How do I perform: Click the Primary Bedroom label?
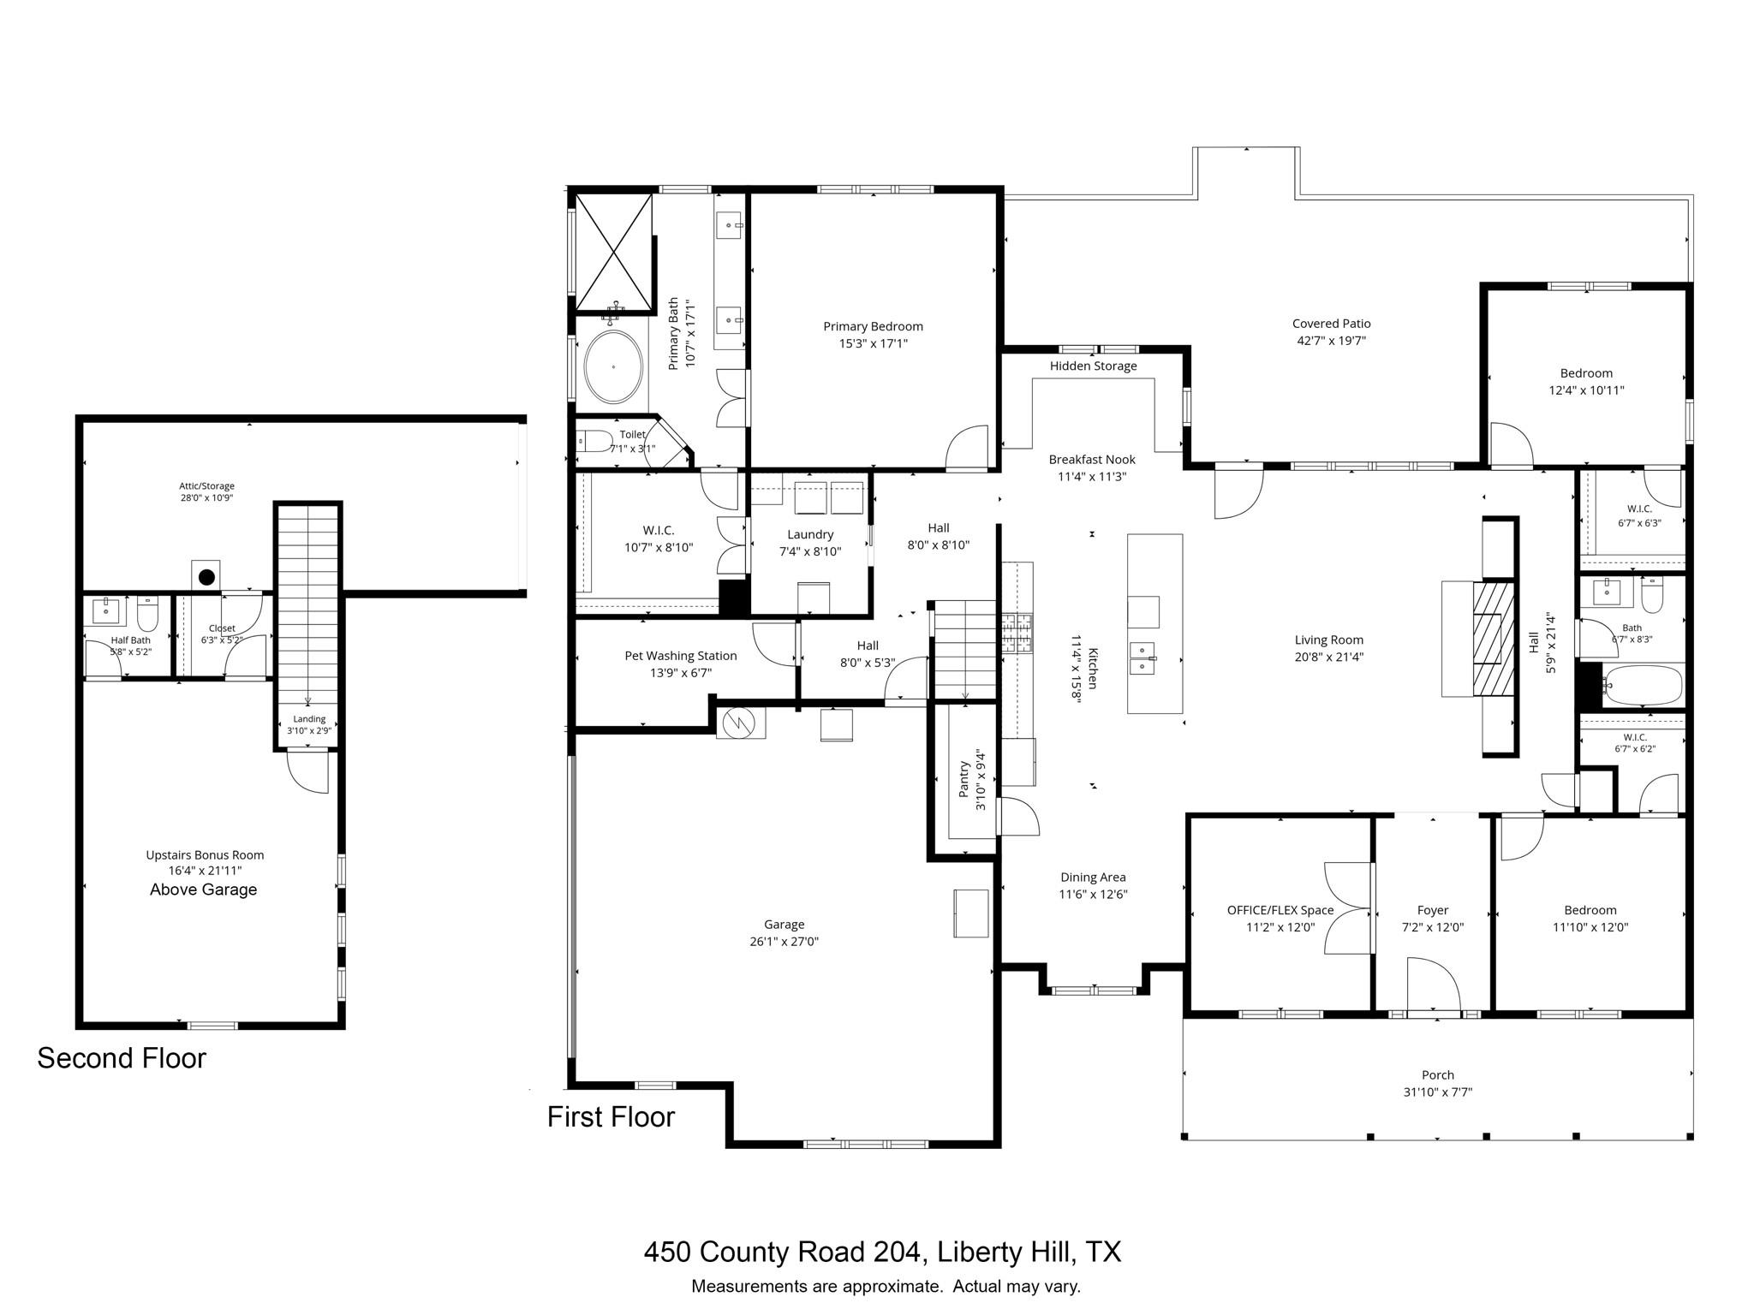[873, 326]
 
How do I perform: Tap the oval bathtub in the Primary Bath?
[613, 366]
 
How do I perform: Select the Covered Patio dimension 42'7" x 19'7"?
[1331, 341]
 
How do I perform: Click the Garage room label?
[784, 925]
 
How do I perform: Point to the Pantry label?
[964, 779]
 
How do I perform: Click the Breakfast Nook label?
[1092, 460]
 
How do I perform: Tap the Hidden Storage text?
[1094, 366]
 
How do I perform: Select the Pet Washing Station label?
[681, 656]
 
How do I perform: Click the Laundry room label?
[810, 535]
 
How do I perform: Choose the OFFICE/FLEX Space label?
[1280, 910]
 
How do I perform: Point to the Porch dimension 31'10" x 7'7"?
[1438, 1092]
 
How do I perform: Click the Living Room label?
[1329, 640]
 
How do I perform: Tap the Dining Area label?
[1093, 878]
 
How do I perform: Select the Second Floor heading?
[122, 1059]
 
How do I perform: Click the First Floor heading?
[611, 1117]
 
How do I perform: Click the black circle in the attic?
[206, 577]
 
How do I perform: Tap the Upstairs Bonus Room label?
[205, 855]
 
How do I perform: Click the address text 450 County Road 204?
[784, 1253]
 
